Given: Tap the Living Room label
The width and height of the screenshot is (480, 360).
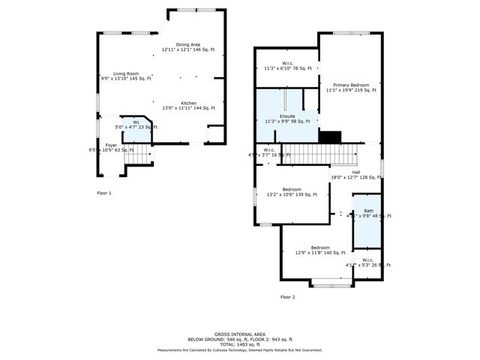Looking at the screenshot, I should tap(126, 76).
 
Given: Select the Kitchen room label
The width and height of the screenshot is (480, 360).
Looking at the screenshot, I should tap(188, 105).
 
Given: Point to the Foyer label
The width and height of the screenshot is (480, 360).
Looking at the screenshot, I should tap(111, 147).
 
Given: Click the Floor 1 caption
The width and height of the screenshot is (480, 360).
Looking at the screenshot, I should tap(104, 193).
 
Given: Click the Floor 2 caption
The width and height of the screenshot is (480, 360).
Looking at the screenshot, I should tap(288, 297).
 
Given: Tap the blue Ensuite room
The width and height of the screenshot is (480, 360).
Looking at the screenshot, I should tap(287, 118).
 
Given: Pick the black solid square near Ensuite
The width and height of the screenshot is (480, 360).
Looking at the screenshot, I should tap(331, 136).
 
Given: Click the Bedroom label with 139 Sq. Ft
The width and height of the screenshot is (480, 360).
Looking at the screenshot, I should tap(292, 191).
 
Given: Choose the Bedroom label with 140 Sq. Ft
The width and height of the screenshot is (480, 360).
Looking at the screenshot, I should tap(320, 250).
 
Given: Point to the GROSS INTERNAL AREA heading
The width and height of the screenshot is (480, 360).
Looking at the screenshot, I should tap(239, 334).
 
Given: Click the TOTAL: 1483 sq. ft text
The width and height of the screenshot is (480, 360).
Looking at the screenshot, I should tap(239, 344).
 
